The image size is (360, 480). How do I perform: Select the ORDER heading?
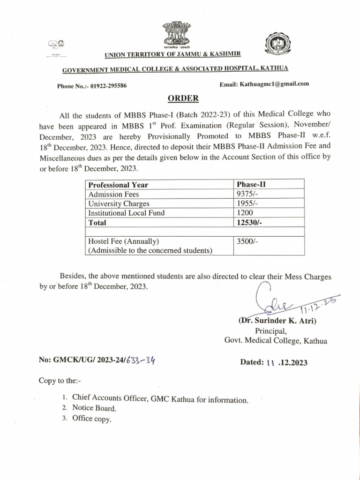click(183, 98)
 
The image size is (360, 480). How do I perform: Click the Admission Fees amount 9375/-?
click(247, 194)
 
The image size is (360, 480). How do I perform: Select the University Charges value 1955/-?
click(247, 203)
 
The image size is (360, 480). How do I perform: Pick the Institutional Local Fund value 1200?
click(246, 213)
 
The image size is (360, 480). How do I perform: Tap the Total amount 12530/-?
click(249, 223)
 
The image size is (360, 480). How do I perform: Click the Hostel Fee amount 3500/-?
click(247, 241)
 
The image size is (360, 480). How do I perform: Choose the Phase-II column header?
click(252, 185)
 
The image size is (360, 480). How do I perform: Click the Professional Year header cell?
click(118, 185)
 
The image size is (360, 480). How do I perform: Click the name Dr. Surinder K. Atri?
click(277, 321)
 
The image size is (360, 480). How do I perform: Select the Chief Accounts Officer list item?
click(160, 399)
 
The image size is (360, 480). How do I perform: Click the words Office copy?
click(92, 419)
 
